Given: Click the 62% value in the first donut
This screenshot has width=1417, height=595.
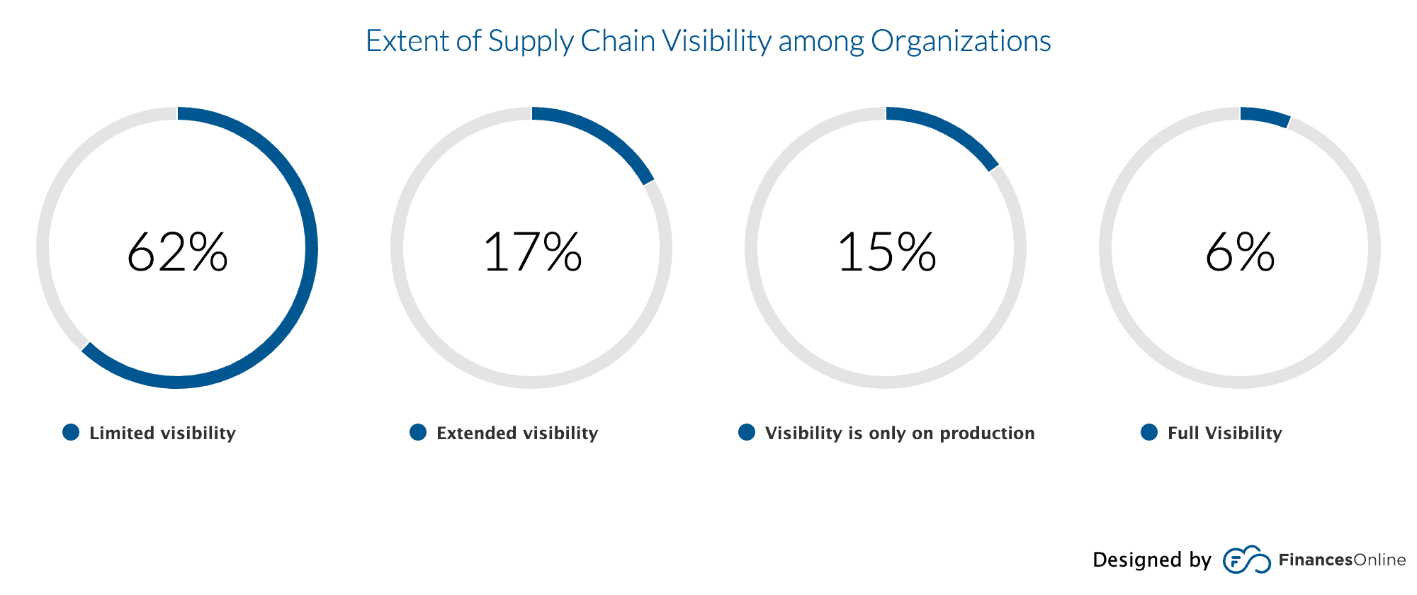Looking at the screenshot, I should click(177, 252).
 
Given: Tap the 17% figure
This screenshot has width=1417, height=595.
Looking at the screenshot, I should click(531, 252).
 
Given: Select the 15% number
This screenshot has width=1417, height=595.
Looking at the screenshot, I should click(886, 252).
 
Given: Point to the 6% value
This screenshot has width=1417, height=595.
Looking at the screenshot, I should click(1240, 252).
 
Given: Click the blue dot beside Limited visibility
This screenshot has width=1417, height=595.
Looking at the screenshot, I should click(71, 432).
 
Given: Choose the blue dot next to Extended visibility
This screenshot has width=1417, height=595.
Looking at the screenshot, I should click(418, 432).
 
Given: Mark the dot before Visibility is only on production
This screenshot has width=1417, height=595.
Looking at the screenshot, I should click(747, 432).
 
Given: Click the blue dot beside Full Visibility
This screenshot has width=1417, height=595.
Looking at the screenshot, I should click(1149, 432).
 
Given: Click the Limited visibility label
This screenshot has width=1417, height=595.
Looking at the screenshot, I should click(162, 433).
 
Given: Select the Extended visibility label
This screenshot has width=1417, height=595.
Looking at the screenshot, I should click(517, 433).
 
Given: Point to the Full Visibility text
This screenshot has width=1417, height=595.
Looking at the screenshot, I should click(1224, 433).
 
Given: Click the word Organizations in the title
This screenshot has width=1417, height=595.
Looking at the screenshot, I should click(961, 41).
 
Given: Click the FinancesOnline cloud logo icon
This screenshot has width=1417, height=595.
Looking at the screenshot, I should click(1246, 560).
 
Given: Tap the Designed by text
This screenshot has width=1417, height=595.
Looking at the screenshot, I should click(1151, 560).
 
